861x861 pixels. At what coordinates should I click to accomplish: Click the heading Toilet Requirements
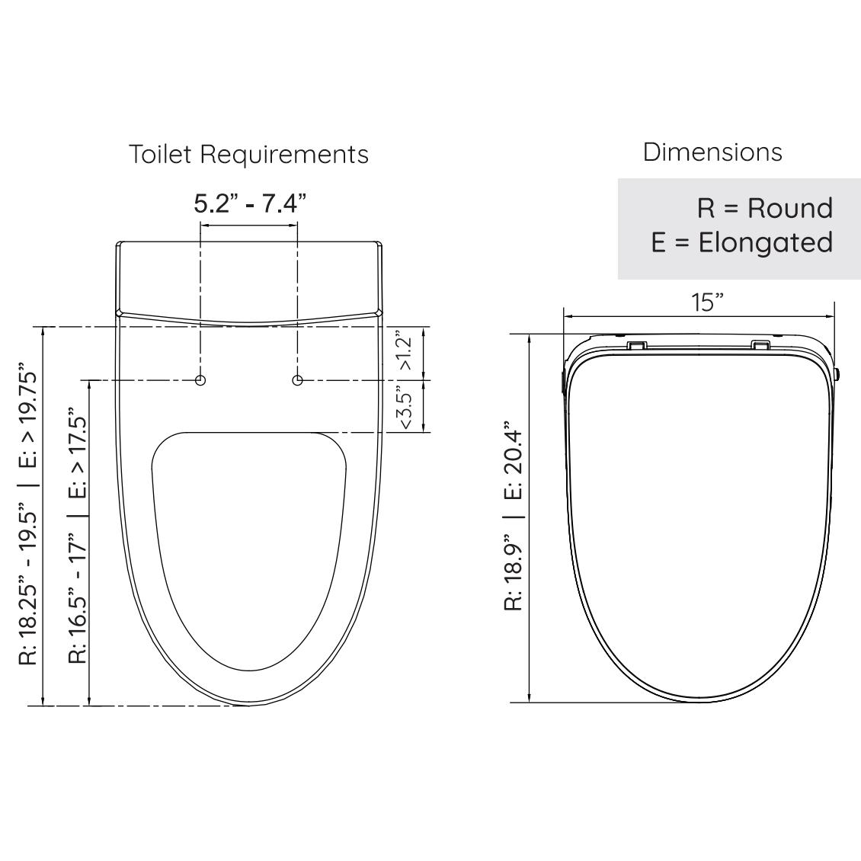pyautogui.click(x=248, y=154)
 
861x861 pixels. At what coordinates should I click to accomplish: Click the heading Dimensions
pyautogui.click(x=712, y=152)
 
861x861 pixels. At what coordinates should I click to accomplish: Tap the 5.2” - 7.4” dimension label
pyautogui.click(x=249, y=203)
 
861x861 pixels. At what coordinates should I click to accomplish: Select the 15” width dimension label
pyautogui.click(x=707, y=302)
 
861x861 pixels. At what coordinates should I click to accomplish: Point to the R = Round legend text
pyautogui.click(x=764, y=208)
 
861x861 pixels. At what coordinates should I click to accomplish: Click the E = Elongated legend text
pyautogui.click(x=741, y=242)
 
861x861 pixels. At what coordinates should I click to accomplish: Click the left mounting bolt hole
pyautogui.click(x=200, y=379)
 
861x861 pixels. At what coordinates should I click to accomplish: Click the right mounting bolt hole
pyautogui.click(x=298, y=379)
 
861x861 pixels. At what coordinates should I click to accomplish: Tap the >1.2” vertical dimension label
pyautogui.click(x=405, y=351)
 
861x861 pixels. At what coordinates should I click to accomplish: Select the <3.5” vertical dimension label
pyautogui.click(x=405, y=407)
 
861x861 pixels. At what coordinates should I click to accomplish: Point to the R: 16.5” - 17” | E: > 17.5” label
pyautogui.click(x=78, y=539)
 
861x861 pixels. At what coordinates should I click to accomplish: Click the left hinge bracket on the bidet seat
pyautogui.click(x=637, y=345)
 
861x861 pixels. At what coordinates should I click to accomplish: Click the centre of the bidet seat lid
pyautogui.click(x=699, y=518)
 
